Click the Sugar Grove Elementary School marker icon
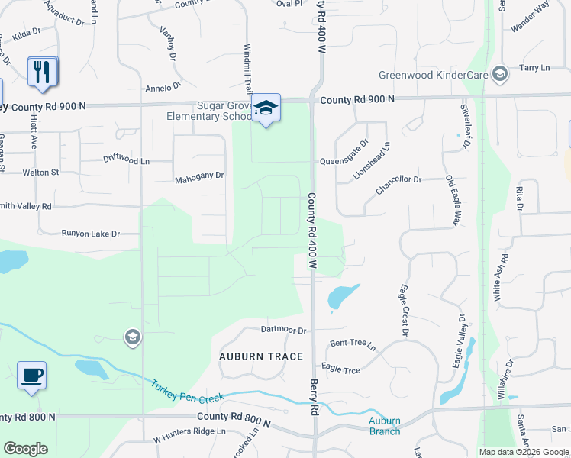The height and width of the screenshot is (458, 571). tap(266, 108)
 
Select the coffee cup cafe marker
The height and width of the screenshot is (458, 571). tap(31, 376)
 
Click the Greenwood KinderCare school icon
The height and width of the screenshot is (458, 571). tap(500, 74)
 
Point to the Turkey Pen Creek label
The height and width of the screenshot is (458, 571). tap(187, 393)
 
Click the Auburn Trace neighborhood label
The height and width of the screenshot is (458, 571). tap(261, 356)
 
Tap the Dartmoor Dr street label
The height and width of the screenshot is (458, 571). tap(282, 331)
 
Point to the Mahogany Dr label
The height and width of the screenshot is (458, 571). tap(199, 176)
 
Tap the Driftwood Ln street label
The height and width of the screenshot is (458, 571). tap(127, 160)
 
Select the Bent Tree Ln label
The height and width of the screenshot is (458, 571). tap(353, 344)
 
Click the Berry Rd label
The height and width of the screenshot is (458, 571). tap(313, 397)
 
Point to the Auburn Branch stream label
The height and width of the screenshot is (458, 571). tap(384, 426)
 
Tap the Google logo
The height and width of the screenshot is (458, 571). tap(25, 449)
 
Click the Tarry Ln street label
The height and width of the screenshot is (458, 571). tap(534, 68)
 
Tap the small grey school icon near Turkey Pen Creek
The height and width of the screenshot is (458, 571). tap(132, 337)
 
